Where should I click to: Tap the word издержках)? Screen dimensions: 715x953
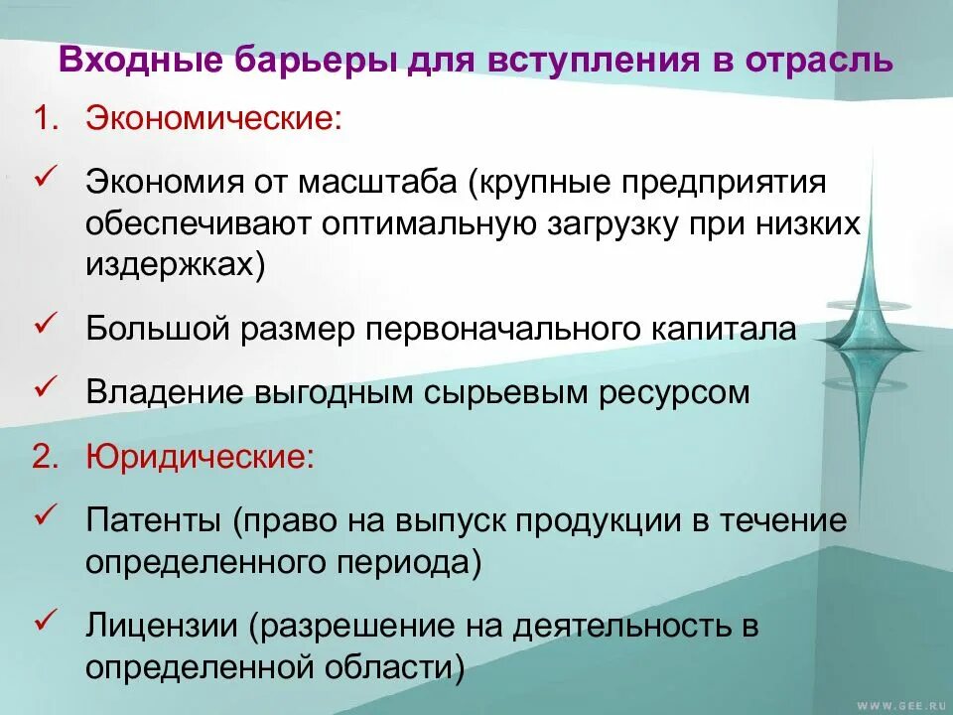tap(176, 266)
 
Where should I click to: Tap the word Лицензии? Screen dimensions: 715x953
tap(162, 627)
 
